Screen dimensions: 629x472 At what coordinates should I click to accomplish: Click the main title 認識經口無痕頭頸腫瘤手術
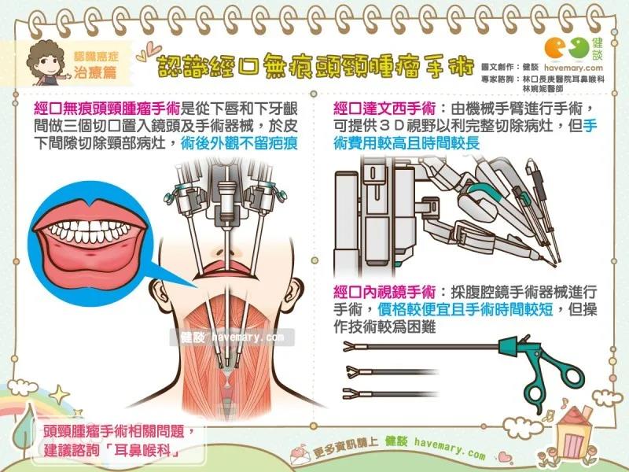click(316, 67)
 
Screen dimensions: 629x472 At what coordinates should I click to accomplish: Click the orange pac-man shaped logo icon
click(555, 48)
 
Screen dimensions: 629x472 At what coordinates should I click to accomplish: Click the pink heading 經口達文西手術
click(384, 109)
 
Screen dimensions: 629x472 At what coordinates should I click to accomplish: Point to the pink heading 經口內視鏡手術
click(384, 292)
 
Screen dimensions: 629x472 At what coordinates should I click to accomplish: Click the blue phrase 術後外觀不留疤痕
click(239, 143)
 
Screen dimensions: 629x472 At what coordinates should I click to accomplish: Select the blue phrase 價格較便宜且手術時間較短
click(465, 309)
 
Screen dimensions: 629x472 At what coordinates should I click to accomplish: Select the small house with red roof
click(575, 432)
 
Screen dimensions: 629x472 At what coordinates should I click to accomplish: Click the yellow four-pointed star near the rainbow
click(60, 394)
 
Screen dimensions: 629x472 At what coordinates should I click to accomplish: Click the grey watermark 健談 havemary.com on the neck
click(232, 337)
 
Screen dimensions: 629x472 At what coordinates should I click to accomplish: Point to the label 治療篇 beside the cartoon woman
click(95, 72)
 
